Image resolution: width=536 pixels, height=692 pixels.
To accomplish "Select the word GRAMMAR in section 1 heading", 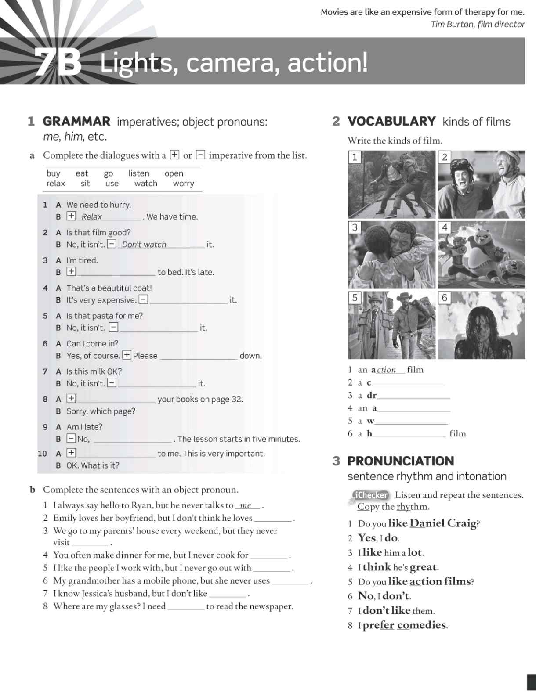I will pyautogui.click(x=76, y=122).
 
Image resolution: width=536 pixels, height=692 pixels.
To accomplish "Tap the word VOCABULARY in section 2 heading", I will pyautogui.click(x=391, y=122).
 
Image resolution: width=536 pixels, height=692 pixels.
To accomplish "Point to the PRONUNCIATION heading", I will pyautogui.click(x=400, y=461).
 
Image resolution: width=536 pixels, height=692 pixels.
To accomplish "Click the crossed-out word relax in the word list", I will pyautogui.click(x=55, y=184).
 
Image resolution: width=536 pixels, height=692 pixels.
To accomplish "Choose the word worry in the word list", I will pyautogui.click(x=183, y=184).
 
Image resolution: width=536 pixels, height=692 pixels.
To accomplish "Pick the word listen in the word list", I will pyautogui.click(x=138, y=173).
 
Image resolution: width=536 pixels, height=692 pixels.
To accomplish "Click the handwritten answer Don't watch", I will pyautogui.click(x=144, y=245).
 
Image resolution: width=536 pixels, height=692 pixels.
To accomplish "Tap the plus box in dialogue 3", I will pyautogui.click(x=71, y=272).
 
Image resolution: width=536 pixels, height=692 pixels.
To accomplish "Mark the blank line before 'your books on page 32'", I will pyautogui.click(x=116, y=400).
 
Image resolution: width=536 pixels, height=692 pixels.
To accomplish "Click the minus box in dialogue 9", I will pyautogui.click(x=71, y=438).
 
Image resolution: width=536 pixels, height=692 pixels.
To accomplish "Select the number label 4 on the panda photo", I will pyautogui.click(x=445, y=227).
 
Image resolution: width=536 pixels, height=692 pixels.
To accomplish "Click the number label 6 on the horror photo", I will pyautogui.click(x=445, y=298).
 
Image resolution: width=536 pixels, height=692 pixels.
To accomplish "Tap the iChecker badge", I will pyautogui.click(x=370, y=495).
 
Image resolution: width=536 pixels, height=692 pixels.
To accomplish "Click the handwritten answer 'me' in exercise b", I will pyautogui.click(x=246, y=505).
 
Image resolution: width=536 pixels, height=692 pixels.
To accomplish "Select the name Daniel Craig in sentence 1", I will pyautogui.click(x=443, y=523).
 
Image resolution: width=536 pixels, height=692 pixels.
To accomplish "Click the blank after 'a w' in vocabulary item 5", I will pyautogui.click(x=411, y=422).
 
